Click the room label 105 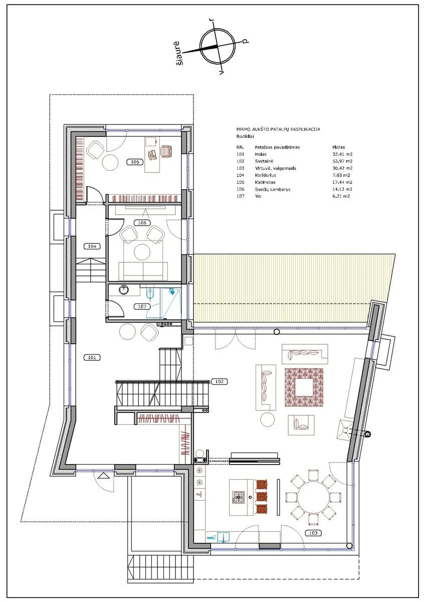(x=135, y=162)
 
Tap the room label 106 (x=142, y=223)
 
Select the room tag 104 (x=92, y=246)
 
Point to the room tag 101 (x=92, y=357)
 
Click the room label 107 (x=142, y=307)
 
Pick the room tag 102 (x=220, y=381)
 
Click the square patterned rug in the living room (x=304, y=387)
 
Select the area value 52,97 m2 (x=342, y=161)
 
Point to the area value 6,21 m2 (x=341, y=196)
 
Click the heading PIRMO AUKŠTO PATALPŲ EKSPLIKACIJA (x=278, y=129)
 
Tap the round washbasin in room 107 (x=124, y=290)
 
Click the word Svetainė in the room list (x=264, y=161)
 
